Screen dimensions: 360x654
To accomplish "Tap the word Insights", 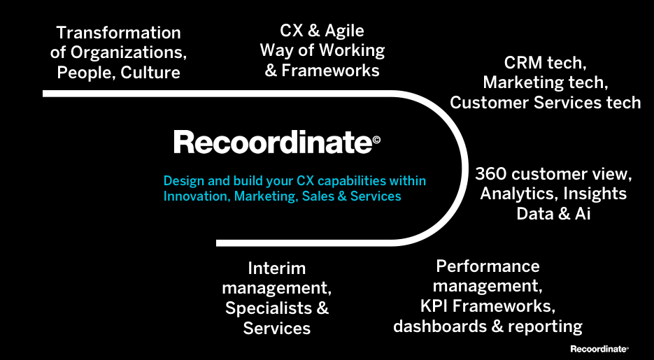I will pos(595,194).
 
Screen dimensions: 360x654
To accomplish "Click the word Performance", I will pos(488,266).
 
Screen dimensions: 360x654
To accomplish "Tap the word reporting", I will pos(545,326).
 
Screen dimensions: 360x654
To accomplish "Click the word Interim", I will pos(277,268).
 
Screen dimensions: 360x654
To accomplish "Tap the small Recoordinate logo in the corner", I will pos(599,348).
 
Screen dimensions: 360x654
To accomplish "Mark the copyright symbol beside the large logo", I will pos(377,140).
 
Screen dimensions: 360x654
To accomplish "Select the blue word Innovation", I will pos(195,196).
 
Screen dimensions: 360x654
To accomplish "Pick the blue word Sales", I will pos(318,196).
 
